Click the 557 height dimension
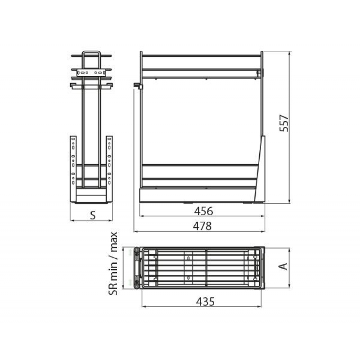(284, 123)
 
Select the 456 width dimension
(203, 211)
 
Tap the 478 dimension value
(202, 226)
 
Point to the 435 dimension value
(205, 301)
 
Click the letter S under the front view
(93, 216)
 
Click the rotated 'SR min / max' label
(113, 263)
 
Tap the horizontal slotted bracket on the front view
(91, 72)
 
